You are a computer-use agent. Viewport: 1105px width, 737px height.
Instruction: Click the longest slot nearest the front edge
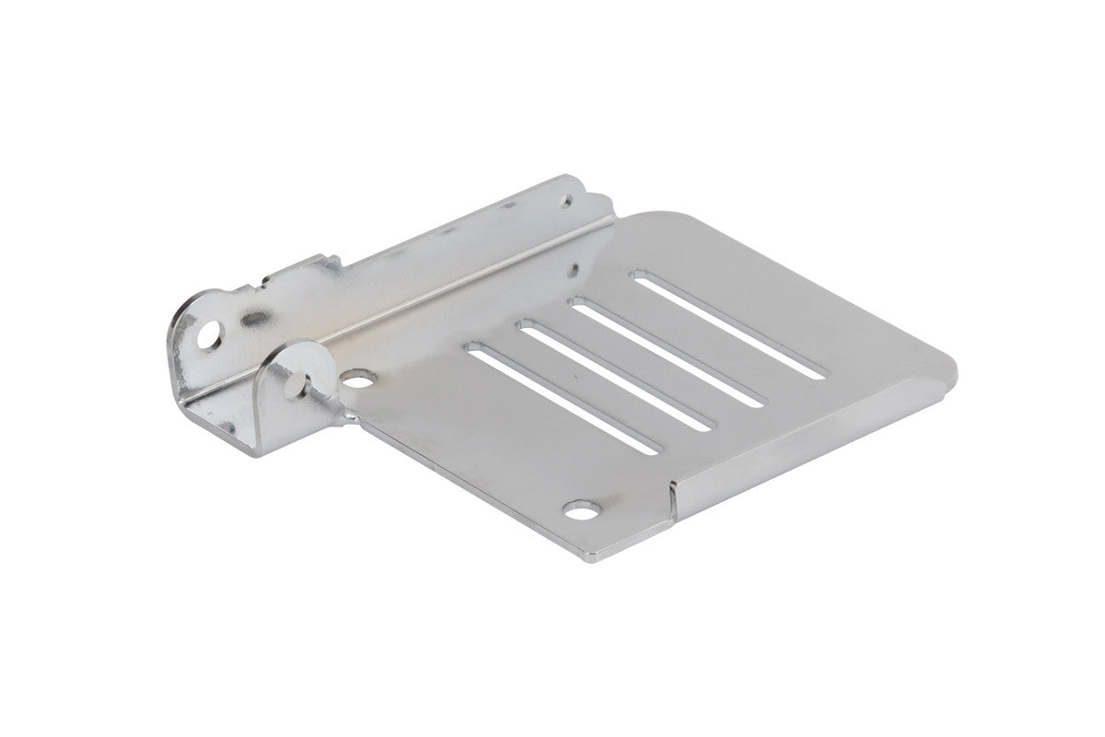(564, 398)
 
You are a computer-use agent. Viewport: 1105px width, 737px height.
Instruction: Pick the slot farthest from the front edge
(728, 323)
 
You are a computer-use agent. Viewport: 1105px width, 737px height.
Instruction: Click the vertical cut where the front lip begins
(672, 502)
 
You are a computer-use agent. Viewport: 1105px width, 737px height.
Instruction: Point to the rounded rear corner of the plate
(635, 221)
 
